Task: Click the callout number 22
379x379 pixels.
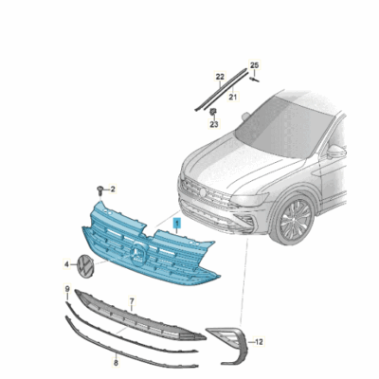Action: [x=220, y=75]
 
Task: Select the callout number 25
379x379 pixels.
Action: [x=254, y=64]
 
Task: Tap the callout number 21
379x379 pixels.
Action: [x=233, y=96]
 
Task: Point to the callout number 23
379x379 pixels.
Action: [x=215, y=124]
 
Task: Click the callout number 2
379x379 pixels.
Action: [x=113, y=189]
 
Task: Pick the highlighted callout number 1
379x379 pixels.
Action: [x=175, y=221]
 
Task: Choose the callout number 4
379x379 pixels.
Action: [x=66, y=265]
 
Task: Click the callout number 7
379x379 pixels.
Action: [x=132, y=301]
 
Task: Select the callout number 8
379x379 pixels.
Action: [x=116, y=361]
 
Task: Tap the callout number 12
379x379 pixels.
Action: [x=261, y=340]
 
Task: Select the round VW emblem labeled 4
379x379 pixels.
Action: [x=85, y=266]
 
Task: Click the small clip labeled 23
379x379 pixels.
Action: [x=214, y=112]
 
